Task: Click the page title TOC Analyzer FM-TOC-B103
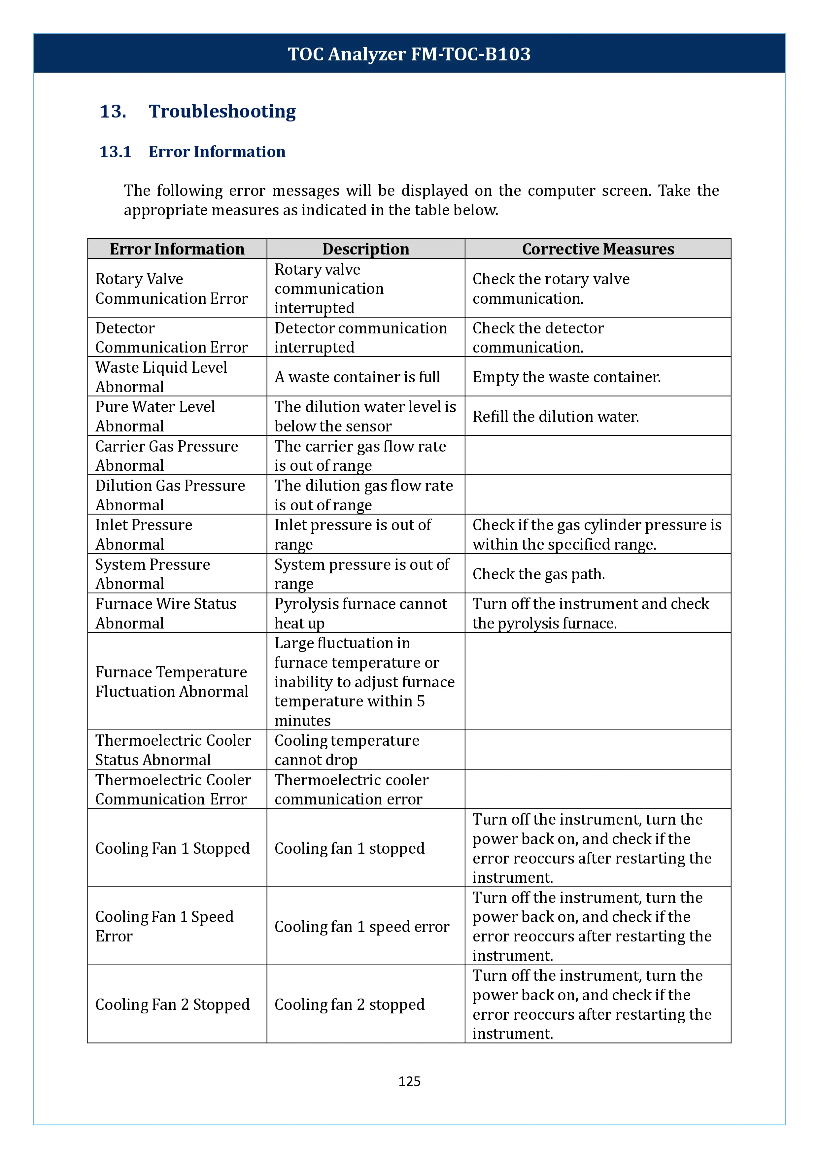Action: (409, 54)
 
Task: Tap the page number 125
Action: (409, 1081)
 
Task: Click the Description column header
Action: (366, 249)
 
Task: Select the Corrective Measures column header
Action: (597, 249)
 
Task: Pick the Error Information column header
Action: (177, 249)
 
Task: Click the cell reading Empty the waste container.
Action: (566, 377)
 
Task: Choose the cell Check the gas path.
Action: (539, 574)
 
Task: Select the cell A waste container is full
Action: (357, 377)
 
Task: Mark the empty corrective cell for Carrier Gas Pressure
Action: (597, 456)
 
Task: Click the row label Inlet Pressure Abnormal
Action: (144, 535)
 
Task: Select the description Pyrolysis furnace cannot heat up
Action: (360, 613)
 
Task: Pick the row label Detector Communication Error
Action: (171, 337)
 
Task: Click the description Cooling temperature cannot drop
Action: (347, 750)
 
